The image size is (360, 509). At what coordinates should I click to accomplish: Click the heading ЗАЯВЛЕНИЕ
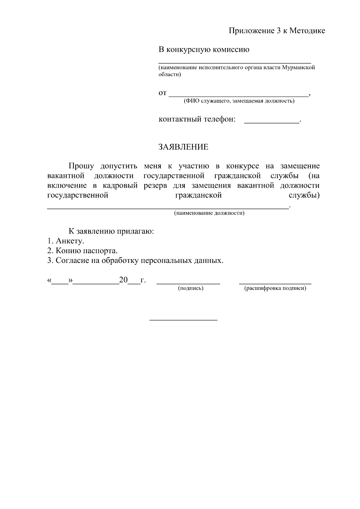(183, 147)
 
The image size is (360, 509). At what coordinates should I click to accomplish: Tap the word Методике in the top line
(307, 31)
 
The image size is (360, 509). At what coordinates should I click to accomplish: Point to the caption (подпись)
(190, 288)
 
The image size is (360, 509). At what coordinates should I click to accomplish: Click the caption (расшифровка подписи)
(275, 288)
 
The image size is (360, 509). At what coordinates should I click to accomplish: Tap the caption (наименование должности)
(209, 213)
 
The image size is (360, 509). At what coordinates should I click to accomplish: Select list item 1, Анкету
(66, 241)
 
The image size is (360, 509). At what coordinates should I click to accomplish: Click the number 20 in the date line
(123, 280)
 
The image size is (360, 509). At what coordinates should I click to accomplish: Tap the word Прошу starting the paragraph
(81, 166)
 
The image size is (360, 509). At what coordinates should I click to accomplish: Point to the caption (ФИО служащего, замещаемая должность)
(239, 101)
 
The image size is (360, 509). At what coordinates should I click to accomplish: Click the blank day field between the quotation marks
(60, 283)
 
